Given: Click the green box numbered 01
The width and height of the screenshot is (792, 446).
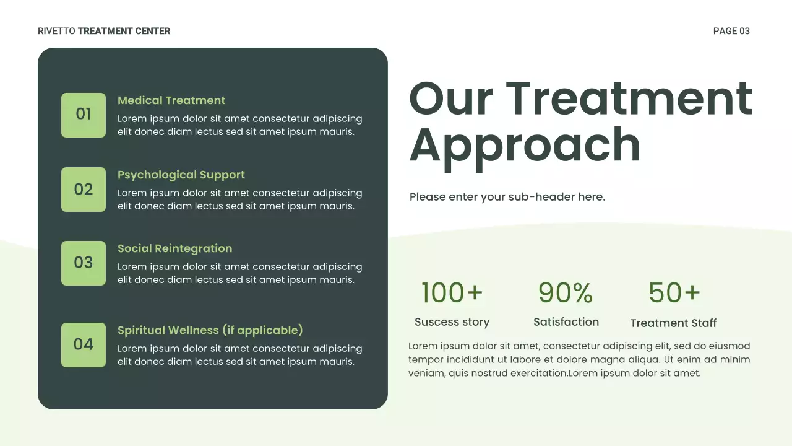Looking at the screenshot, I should click(x=84, y=115).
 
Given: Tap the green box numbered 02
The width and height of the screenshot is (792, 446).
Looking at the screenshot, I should click(x=84, y=189).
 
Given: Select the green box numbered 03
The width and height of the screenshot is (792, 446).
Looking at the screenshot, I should click(x=84, y=263).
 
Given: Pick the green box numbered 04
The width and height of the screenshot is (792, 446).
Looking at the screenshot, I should click(x=84, y=344).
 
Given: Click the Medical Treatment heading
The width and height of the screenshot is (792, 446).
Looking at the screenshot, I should click(x=171, y=100).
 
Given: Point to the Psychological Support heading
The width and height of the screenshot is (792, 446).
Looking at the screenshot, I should click(x=181, y=175).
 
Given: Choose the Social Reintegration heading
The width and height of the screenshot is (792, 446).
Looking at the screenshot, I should click(x=175, y=248).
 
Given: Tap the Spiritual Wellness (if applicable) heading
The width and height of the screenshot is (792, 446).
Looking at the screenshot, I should click(x=210, y=330).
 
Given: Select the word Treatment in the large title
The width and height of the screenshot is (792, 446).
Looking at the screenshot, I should click(x=629, y=99).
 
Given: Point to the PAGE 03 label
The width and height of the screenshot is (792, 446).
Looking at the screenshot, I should click(x=731, y=31).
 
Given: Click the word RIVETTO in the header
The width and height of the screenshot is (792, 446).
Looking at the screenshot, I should click(x=56, y=31).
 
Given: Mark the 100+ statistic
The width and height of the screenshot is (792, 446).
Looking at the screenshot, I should click(x=452, y=292).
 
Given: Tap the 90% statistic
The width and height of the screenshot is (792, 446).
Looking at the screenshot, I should click(x=566, y=292).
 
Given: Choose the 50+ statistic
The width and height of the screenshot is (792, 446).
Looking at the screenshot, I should click(x=674, y=292).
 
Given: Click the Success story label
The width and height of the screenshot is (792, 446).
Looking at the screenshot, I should click(x=452, y=322).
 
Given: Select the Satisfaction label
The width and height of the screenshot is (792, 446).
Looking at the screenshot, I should click(x=566, y=322).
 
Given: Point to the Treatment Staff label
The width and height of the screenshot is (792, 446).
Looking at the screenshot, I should click(x=673, y=323).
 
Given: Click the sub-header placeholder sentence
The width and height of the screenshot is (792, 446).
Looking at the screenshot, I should click(x=507, y=197).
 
